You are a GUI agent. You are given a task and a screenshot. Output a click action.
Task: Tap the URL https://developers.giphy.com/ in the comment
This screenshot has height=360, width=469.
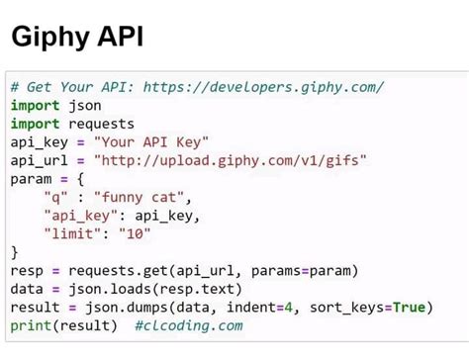(x=264, y=87)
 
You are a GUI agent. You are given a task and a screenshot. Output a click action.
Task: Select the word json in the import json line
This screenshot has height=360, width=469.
(x=85, y=105)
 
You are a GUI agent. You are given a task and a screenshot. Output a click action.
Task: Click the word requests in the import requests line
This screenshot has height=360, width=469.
(x=101, y=124)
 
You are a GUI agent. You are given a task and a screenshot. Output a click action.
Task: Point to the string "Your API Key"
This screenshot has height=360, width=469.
(x=150, y=142)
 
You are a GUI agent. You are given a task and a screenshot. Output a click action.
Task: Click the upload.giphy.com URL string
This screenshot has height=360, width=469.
(x=230, y=160)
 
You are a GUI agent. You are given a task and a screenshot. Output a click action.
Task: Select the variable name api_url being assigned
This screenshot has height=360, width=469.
(x=39, y=160)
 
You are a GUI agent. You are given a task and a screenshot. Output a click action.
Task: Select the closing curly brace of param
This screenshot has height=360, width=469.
(x=14, y=252)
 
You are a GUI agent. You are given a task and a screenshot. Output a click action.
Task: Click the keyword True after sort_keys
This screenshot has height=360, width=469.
(x=409, y=307)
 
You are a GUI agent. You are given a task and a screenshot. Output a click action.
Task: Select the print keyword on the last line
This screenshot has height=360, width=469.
(x=34, y=325)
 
